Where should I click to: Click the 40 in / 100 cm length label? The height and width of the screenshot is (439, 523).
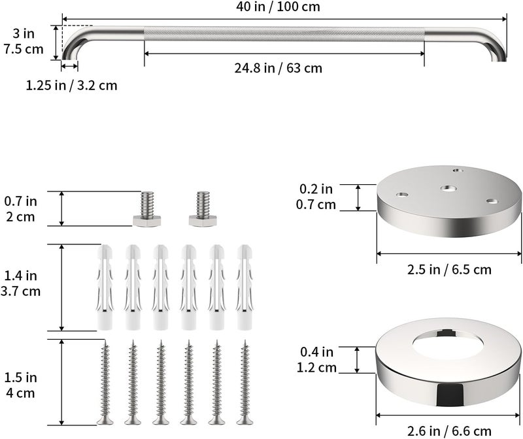pyautogui.click(x=278, y=7)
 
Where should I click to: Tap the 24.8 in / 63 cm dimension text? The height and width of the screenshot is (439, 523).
pyautogui.click(x=278, y=68)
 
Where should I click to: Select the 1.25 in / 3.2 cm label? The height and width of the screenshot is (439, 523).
pyautogui.click(x=72, y=86)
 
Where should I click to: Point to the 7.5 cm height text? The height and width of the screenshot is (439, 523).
pyautogui.click(x=24, y=50)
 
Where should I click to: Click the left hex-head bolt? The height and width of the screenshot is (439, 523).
pyautogui.click(x=146, y=209)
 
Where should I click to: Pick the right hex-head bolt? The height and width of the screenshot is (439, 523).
pyautogui.click(x=203, y=209)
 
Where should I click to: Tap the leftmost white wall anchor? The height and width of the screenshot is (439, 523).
pyautogui.click(x=105, y=287)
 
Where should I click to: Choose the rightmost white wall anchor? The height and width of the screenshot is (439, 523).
pyautogui.click(x=245, y=287)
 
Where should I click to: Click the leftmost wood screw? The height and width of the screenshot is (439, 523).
pyautogui.click(x=105, y=382)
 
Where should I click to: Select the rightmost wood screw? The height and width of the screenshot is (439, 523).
pyautogui.click(x=245, y=382)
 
